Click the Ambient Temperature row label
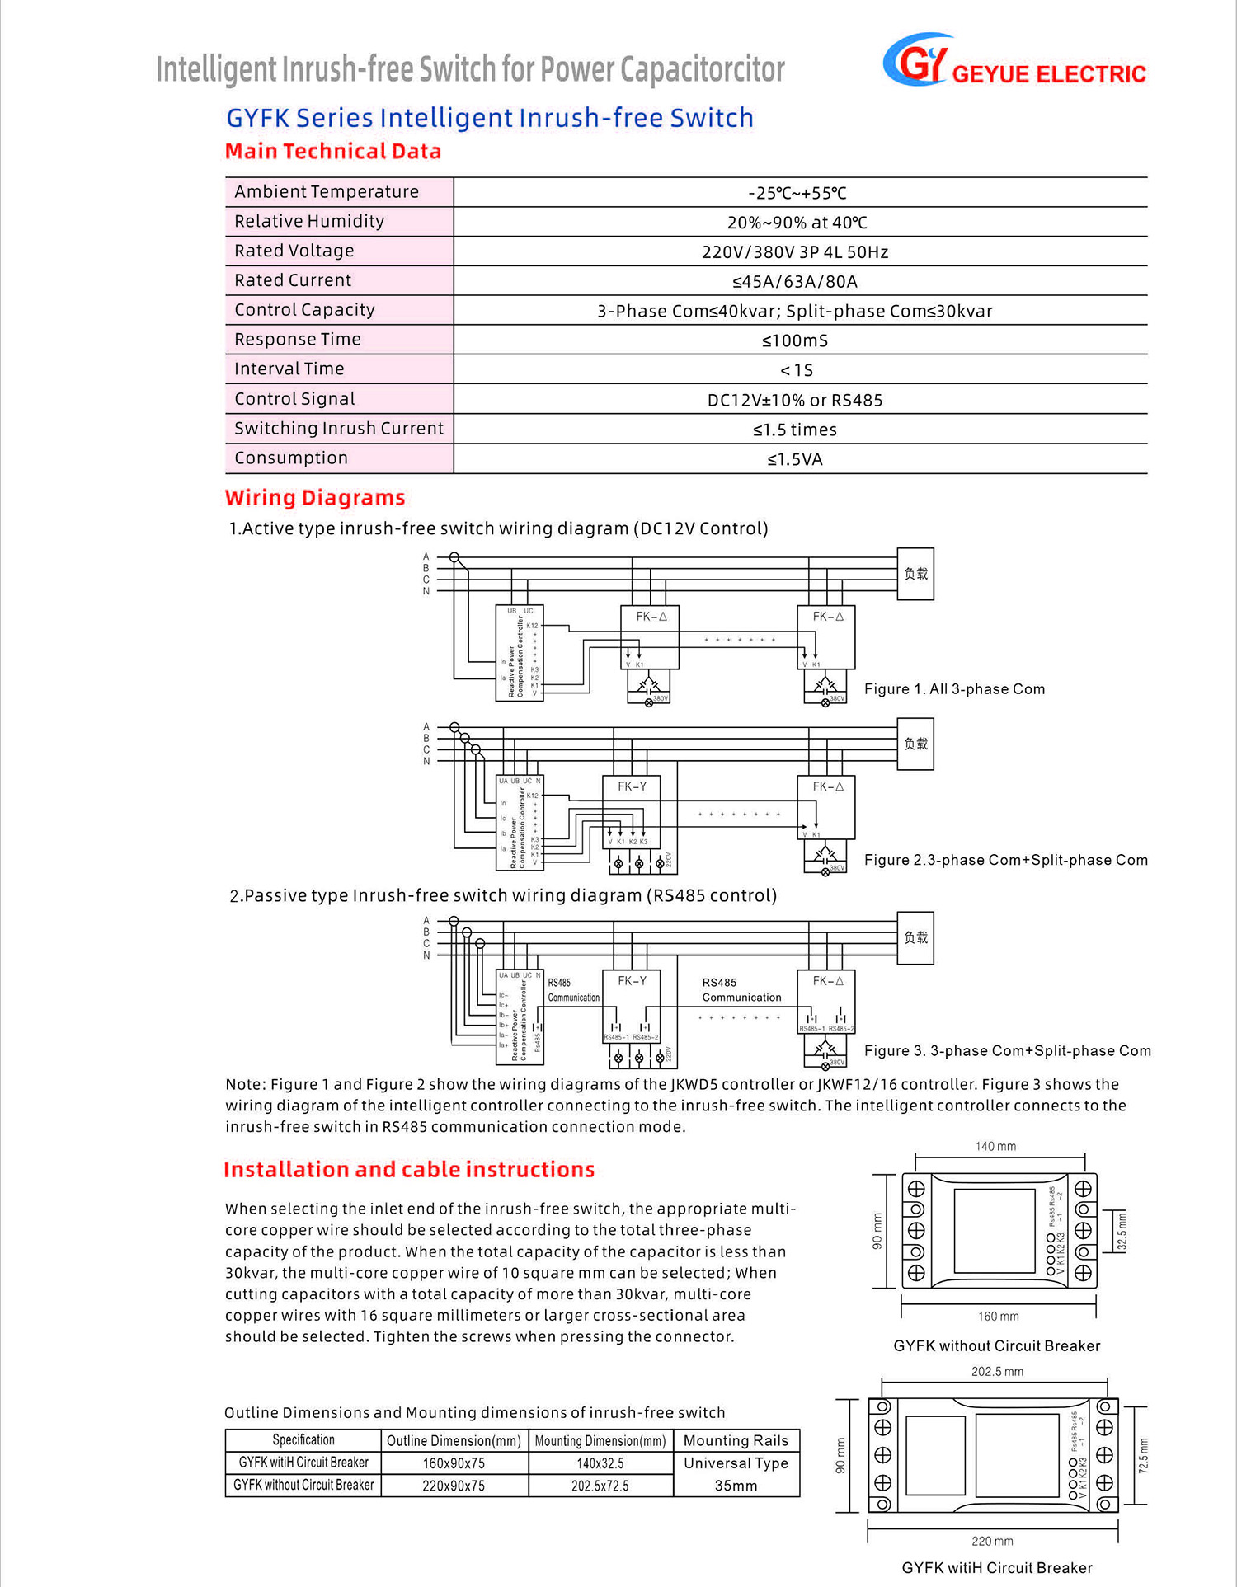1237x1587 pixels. [327, 192]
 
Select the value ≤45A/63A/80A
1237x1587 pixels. [795, 282]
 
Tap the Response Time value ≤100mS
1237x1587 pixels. [795, 340]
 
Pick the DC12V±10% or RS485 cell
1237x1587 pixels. [795, 401]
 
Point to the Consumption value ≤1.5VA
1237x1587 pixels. [795, 459]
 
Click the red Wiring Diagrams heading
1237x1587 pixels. [315, 498]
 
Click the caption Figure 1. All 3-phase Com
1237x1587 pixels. [954, 689]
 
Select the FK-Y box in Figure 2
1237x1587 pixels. [633, 804]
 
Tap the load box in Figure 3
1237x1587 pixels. [915, 938]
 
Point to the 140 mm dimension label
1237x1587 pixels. [995, 1147]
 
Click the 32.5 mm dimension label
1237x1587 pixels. [1122, 1232]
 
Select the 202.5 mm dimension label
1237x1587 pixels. [997, 1372]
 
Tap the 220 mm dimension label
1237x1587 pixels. [992, 1541]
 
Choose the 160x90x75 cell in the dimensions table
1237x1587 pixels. [454, 1463]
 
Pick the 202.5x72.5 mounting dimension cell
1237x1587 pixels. [600, 1486]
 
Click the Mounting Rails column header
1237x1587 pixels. [736, 1440]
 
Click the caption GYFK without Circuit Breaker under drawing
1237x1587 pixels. [996, 1346]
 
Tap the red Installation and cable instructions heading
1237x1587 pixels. [409, 1170]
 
